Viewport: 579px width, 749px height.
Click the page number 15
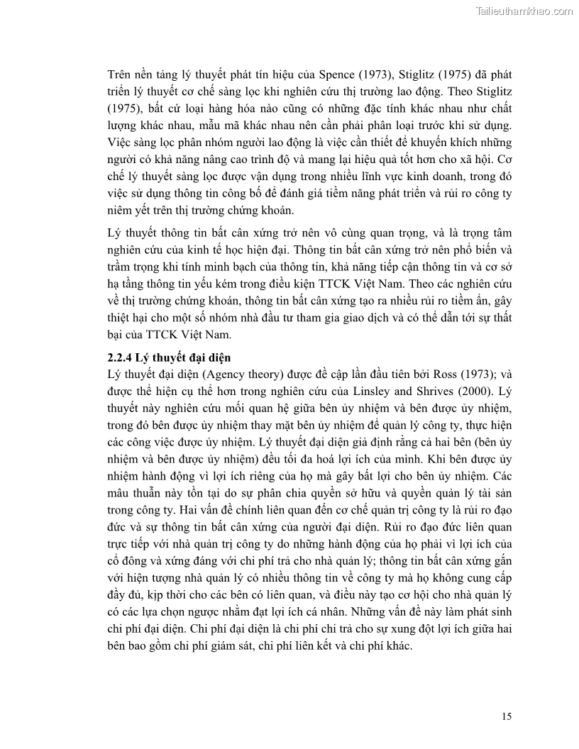tap(506, 716)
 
